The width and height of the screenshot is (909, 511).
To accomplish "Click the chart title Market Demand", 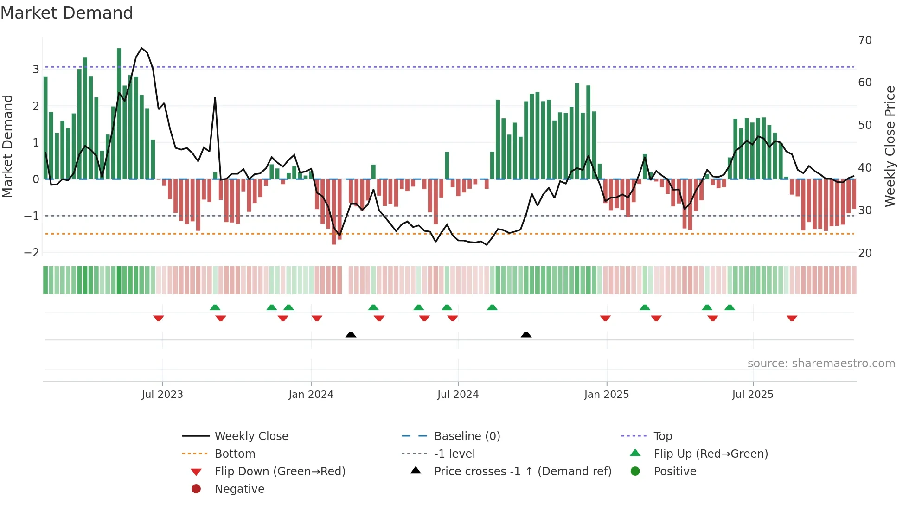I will tap(67, 13).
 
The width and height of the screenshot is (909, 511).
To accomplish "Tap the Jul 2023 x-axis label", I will tap(162, 395).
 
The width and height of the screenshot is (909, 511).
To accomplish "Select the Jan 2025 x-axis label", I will tap(606, 395).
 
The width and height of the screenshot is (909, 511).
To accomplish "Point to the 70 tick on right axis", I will tap(865, 40).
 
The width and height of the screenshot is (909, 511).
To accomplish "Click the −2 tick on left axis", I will tap(32, 253).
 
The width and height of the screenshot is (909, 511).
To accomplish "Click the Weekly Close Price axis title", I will tap(890, 146).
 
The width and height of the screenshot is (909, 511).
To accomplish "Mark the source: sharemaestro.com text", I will tap(821, 364).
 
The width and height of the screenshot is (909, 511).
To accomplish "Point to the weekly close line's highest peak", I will tap(142, 48).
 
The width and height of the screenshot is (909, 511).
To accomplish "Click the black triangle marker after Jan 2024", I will tap(351, 334).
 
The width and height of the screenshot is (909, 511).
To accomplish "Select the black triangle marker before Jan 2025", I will tap(526, 334).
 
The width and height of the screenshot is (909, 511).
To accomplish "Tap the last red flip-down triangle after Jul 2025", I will tap(792, 318).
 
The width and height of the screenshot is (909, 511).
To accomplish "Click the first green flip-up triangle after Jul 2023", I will tap(215, 307).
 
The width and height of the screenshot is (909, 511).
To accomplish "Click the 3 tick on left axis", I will tap(36, 70).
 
